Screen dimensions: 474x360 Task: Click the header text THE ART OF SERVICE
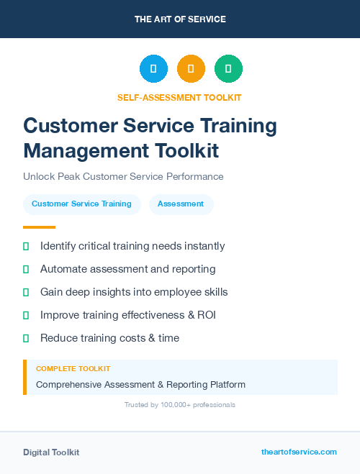tap(180, 19)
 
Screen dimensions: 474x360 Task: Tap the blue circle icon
tap(153, 69)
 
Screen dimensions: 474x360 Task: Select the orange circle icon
tap(191, 69)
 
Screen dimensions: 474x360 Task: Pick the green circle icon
tap(228, 69)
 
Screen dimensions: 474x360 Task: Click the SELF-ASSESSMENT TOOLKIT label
tap(179, 97)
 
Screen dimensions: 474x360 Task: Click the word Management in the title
tap(80, 150)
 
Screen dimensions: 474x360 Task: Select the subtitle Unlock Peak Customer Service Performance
tap(123, 176)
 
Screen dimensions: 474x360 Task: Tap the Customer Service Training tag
tap(81, 204)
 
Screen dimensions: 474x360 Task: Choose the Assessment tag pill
tap(181, 204)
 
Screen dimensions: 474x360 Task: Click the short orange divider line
tap(34, 227)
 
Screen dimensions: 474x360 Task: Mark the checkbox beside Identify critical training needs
tap(26, 246)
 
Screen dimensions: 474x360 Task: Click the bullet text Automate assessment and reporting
tap(127, 269)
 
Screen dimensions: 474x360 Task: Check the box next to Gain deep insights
tap(26, 292)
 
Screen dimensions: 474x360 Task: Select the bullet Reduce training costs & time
tap(109, 338)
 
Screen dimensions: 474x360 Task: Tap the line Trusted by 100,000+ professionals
tap(179, 405)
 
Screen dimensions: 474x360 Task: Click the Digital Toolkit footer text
tap(51, 452)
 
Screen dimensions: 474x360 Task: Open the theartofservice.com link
tap(299, 452)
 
